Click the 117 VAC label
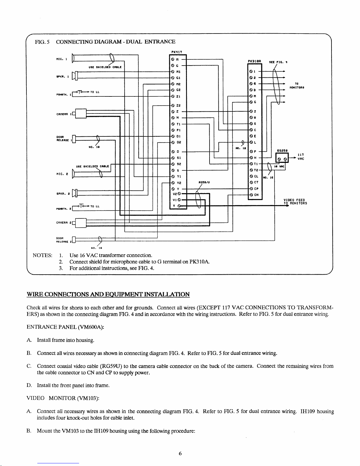pos(300,156)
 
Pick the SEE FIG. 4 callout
pos(278,62)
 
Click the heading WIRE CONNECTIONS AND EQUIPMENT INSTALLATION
pos(108,294)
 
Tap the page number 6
pos(180,453)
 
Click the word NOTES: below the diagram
pos(44,255)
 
